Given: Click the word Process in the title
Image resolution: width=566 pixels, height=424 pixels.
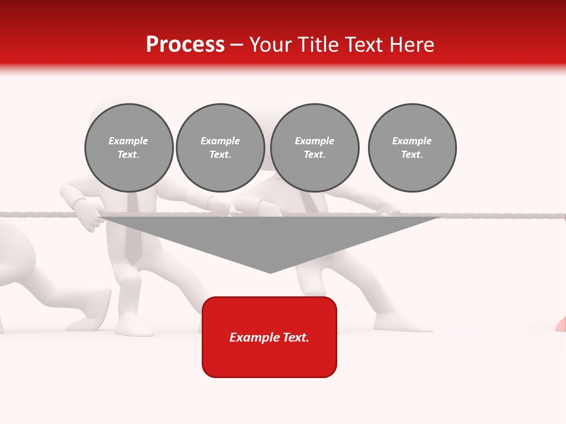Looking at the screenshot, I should tap(185, 45).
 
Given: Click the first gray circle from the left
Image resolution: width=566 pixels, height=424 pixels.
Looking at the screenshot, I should tap(129, 148).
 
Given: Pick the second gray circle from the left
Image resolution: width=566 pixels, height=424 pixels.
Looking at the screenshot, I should tap(221, 148).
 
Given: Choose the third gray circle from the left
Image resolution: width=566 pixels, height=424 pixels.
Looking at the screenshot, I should tap(315, 148).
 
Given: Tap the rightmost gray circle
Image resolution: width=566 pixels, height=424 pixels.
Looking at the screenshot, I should tap(412, 148).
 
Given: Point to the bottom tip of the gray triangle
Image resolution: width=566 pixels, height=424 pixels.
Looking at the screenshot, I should tap(270, 272).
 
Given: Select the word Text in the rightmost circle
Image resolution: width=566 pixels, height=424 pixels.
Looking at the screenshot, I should tap(411, 155).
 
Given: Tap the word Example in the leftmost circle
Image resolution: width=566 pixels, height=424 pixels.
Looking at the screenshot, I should tap(129, 141).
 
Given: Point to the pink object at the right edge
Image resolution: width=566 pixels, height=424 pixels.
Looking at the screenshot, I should tap(561, 324).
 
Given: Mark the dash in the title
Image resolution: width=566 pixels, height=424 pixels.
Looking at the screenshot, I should tap(236, 45).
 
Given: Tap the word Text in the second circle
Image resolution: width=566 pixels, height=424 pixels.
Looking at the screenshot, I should tap(219, 155).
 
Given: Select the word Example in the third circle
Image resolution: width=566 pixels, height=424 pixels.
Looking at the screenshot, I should tap(314, 141).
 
